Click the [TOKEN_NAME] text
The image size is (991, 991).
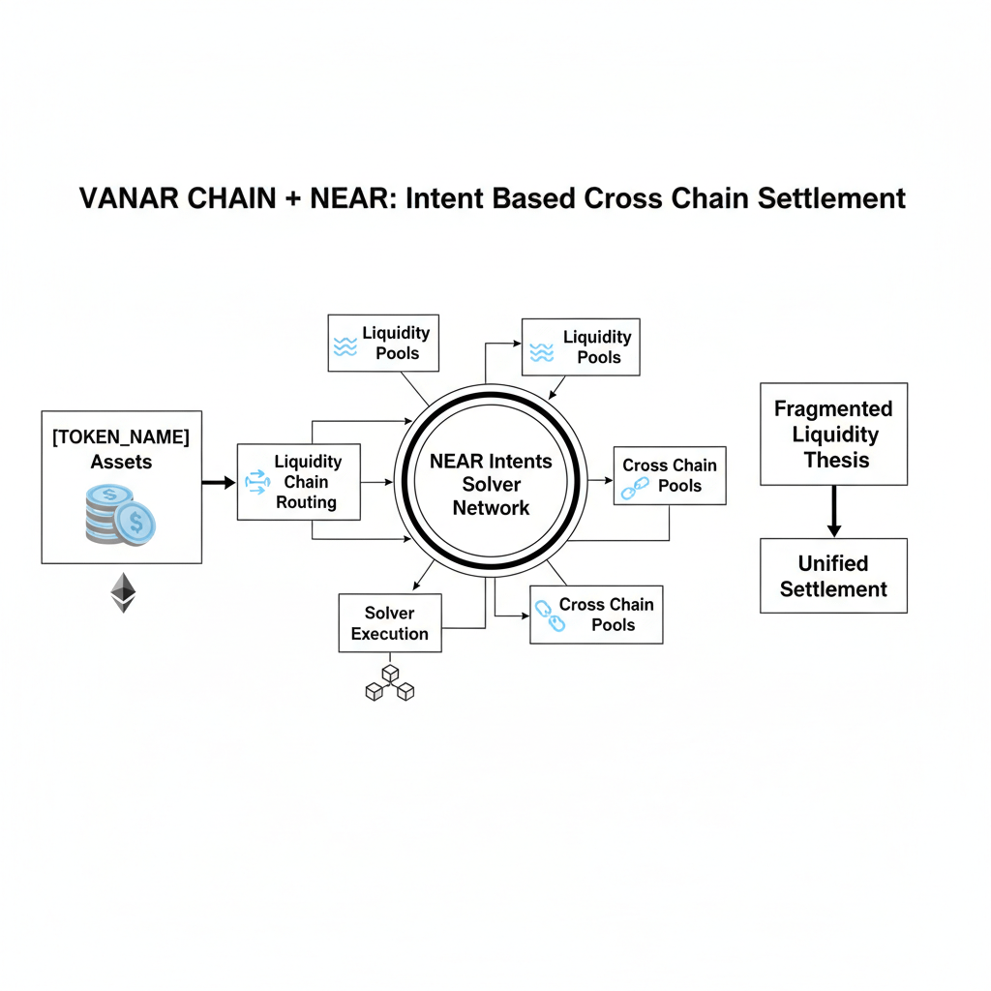(121, 436)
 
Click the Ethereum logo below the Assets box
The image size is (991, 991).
(122, 591)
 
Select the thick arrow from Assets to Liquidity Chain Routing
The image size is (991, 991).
(219, 481)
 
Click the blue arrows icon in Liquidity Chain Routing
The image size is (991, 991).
(256, 483)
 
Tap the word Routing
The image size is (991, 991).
(307, 502)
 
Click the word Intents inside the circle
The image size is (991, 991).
(520, 461)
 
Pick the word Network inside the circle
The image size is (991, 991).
(492, 508)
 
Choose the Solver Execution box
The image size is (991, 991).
(389, 623)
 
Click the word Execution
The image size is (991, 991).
(389, 634)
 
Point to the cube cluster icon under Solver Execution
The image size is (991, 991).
(389, 682)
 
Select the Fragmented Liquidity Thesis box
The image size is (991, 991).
(833, 435)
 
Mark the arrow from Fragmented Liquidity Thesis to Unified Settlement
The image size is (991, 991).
(833, 511)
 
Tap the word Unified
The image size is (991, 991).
(833, 563)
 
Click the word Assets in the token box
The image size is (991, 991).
(121, 462)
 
